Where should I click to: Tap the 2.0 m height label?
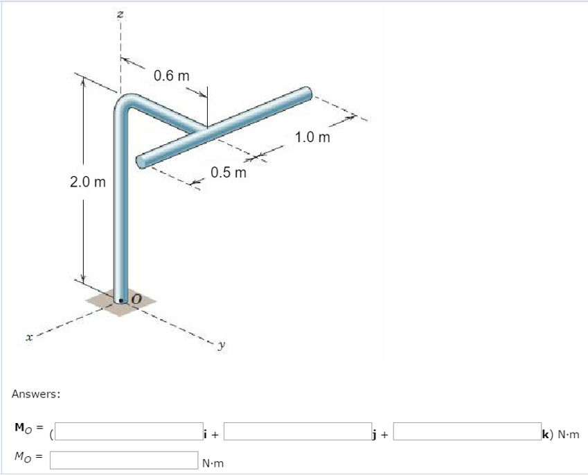[88, 182]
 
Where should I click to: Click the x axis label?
[28, 337]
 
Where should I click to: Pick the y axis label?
[220, 345]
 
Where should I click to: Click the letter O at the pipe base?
[136, 298]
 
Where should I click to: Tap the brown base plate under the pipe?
[104, 305]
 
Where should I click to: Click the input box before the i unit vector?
[127, 431]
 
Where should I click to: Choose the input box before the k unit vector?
[467, 431]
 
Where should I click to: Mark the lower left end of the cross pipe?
[141, 162]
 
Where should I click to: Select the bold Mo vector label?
[24, 426]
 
